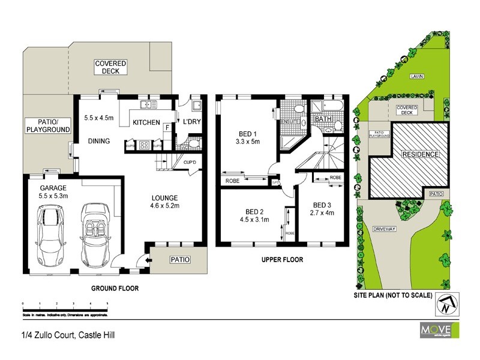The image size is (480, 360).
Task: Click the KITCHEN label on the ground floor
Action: tap(146, 122)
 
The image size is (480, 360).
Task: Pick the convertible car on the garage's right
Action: tap(94, 235)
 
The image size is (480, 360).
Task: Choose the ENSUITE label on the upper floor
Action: tap(290, 122)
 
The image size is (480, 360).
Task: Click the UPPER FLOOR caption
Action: tap(281, 260)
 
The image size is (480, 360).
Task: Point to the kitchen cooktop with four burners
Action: tap(144, 145)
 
